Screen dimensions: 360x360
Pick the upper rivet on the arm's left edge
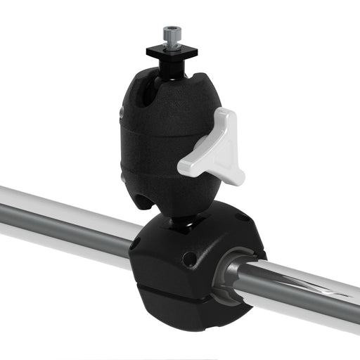(122, 112)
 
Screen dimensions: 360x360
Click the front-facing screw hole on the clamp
(188, 258)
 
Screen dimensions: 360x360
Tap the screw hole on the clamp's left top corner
(136, 243)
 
